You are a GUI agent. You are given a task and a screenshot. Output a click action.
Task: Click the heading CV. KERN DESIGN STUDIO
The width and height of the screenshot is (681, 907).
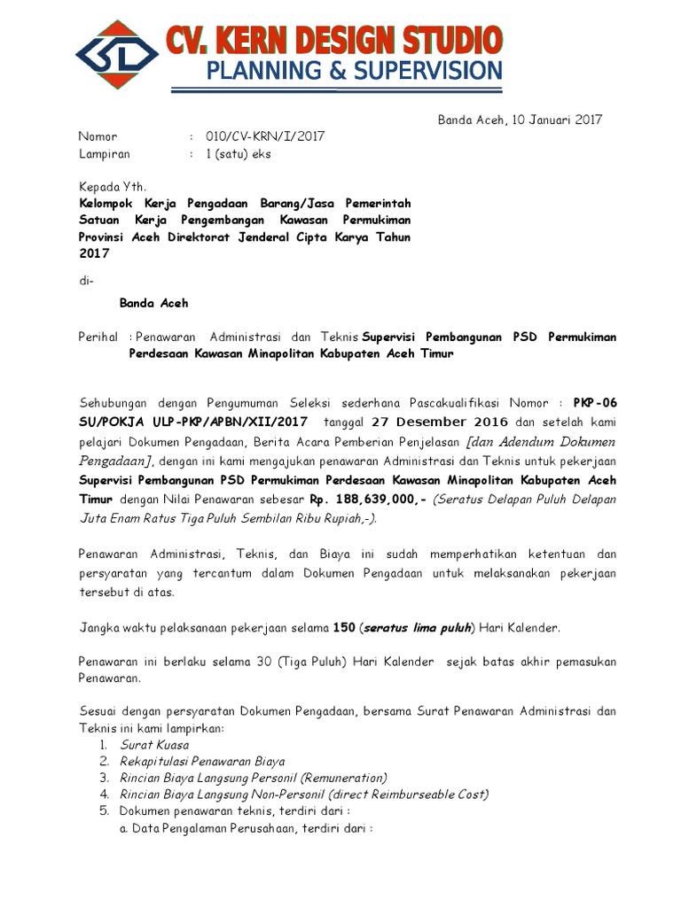click(x=333, y=41)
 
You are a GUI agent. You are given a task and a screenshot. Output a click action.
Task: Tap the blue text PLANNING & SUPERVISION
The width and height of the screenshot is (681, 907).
click(x=354, y=70)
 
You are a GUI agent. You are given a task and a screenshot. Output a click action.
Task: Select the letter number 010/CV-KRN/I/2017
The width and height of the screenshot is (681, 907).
click(x=265, y=136)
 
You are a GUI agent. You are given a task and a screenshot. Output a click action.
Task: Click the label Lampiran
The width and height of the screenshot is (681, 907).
click(x=104, y=153)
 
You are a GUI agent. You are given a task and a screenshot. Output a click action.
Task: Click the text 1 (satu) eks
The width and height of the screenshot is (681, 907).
click(x=239, y=153)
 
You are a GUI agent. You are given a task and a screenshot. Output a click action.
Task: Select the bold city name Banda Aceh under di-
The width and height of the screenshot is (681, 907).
click(x=153, y=302)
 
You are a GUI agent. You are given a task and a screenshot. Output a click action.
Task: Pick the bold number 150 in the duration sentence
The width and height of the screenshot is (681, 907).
click(x=343, y=628)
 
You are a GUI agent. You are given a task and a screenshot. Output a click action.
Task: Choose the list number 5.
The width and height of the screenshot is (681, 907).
click(x=103, y=811)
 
